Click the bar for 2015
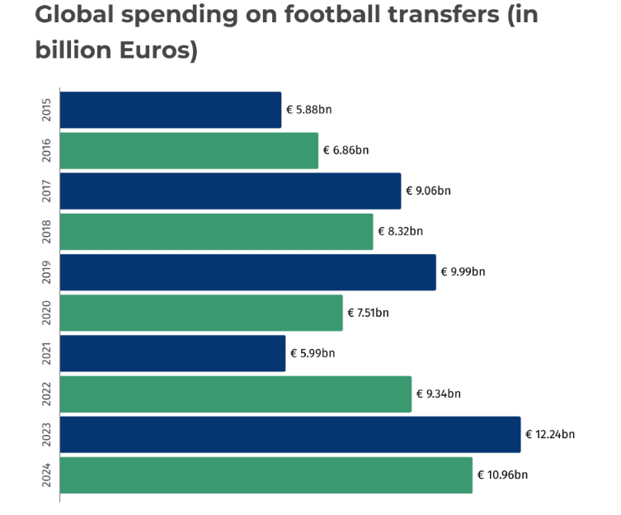click(171, 110)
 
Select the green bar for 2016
click(189, 150)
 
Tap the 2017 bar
click(230, 191)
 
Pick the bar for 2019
click(247, 272)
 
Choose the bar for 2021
click(172, 353)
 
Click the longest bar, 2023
click(290, 435)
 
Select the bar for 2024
click(266, 475)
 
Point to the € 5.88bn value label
click(308, 110)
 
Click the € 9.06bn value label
click(428, 191)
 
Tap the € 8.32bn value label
click(400, 231)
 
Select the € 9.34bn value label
click(438, 394)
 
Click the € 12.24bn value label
click(550, 435)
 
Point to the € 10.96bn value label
click(502, 475)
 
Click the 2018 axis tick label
click(46, 231)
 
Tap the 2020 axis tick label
click(46, 313)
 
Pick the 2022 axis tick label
click(46, 394)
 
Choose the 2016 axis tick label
click(46, 150)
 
